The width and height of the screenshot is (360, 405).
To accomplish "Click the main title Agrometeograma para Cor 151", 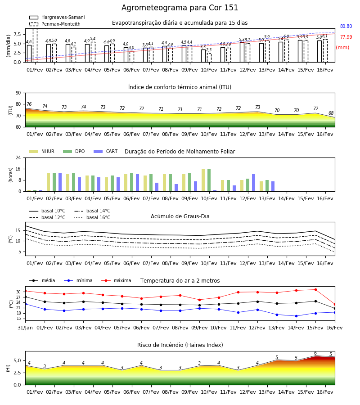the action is pos(180,8).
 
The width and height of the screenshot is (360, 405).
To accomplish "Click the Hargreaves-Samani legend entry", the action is pos(57,17).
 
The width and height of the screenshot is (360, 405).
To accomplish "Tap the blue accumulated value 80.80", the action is pos(346,27).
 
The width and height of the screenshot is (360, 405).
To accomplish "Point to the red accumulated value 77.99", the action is pos(346,37).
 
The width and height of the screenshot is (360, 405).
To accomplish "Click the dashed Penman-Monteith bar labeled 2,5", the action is pos(209,58).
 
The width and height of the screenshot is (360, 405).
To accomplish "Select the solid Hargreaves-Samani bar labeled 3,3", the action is pos(203,56).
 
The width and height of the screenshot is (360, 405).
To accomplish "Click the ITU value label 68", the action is pos(331,113).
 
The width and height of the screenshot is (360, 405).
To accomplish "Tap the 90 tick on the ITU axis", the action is pos(18,93).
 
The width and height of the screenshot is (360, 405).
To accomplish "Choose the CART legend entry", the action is pos(106,151).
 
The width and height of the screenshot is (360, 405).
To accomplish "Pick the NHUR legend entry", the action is pos(42,151).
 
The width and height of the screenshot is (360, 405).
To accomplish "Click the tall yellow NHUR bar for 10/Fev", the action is pos(203,180).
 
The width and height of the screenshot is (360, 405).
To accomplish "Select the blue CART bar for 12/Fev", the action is pos(254,183).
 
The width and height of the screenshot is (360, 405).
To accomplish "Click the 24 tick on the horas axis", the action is pos(18,157).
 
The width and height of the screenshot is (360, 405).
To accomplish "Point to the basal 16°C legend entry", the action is pos(92,217).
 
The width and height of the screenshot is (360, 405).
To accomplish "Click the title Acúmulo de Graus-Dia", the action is pos(180,216).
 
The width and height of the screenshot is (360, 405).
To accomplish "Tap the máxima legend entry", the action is pos(116,280).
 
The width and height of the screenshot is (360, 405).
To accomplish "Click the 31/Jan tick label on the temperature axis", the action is pos(25,328).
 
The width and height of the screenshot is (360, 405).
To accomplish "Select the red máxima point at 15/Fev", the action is pos(315,289).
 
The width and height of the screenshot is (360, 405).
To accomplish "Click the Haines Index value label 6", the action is pos(315,353).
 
